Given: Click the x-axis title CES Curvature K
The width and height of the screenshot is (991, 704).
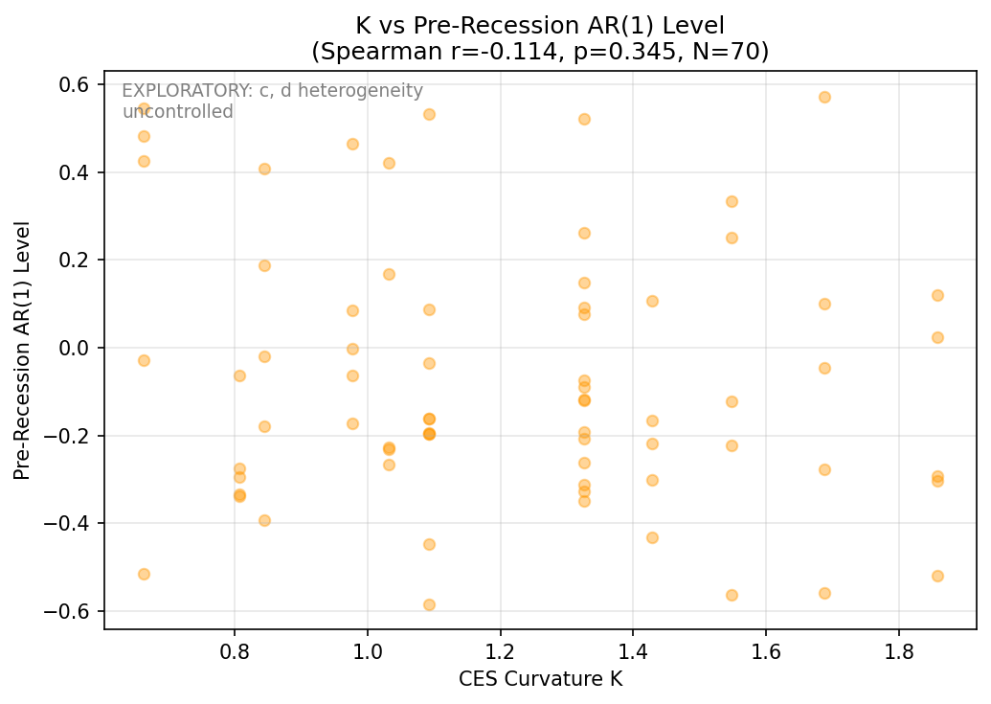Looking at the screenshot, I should (540, 678).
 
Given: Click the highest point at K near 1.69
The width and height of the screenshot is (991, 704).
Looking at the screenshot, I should (824, 97).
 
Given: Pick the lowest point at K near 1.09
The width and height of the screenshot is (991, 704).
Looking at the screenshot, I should (429, 604).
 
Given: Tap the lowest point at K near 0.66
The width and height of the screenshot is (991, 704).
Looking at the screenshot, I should (144, 574).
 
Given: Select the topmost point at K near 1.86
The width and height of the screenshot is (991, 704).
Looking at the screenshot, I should (937, 295).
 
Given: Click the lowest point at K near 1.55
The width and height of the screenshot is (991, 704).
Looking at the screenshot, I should (732, 595).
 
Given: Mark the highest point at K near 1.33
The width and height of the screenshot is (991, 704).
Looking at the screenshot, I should (584, 119).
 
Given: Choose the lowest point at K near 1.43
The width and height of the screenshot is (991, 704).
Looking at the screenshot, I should (652, 537).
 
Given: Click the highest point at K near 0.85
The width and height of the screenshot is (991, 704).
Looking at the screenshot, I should (264, 169).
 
